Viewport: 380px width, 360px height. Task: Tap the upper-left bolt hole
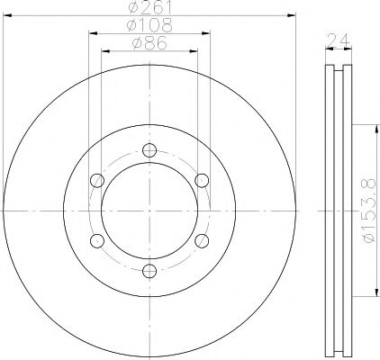[x=97, y=181]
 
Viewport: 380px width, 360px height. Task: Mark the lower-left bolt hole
[x=97, y=239]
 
